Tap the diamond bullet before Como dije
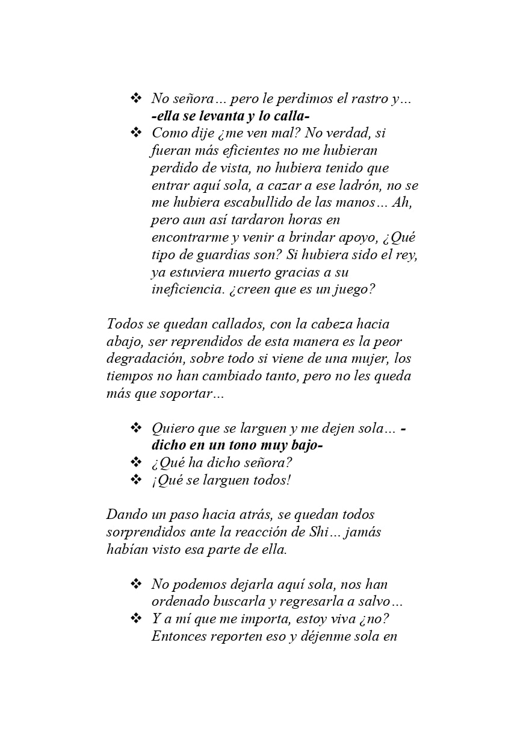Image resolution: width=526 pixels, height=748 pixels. pyautogui.click(x=136, y=132)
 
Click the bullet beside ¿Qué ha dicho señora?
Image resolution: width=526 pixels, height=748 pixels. pyautogui.click(x=136, y=463)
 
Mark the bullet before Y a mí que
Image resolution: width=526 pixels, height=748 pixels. pyautogui.click(x=136, y=618)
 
